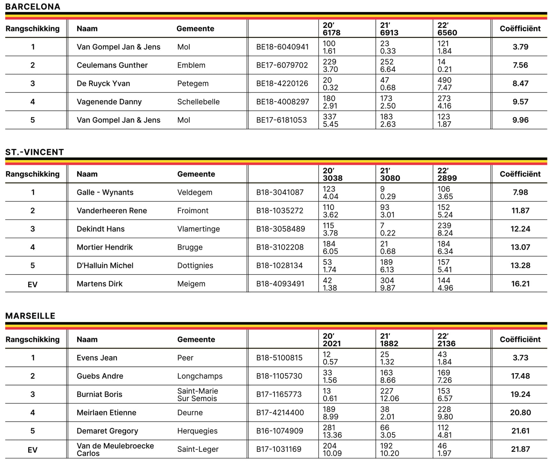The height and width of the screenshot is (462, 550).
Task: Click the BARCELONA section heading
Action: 33,7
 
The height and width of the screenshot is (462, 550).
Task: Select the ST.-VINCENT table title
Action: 35,152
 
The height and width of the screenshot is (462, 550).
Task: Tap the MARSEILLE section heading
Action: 30,316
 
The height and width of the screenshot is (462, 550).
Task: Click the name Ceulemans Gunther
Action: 112,65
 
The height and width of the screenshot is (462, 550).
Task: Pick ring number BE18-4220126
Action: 282,83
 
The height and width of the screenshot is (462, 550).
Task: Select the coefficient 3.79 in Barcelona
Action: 520,47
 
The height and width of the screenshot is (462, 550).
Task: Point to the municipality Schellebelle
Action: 198,102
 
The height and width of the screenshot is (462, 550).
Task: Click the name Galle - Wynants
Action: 105,192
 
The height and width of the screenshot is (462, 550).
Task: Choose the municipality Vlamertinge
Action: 198,229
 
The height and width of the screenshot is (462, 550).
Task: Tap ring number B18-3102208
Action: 280,247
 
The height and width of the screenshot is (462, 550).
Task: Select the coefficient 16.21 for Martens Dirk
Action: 520,284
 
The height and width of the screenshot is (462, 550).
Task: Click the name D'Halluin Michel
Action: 105,265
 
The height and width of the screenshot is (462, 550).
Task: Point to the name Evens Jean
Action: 97,358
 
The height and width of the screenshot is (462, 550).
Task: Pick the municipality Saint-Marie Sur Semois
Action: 197,395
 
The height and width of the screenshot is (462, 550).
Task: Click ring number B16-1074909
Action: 279,431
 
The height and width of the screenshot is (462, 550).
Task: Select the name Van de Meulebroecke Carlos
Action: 115,450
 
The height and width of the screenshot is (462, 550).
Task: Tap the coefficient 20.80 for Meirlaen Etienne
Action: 520,413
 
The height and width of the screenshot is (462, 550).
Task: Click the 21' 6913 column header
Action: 389,29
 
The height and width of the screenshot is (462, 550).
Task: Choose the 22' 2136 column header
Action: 446,340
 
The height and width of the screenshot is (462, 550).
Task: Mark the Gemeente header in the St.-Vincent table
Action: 196,174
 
